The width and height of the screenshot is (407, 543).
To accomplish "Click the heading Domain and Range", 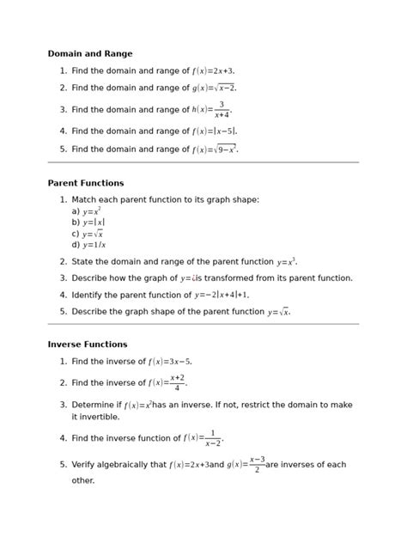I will pyautogui.click(x=90, y=53).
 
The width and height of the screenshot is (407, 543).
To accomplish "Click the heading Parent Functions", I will pyautogui.click(x=86, y=183).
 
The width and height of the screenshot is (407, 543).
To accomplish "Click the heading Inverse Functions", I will pyautogui.click(x=88, y=345).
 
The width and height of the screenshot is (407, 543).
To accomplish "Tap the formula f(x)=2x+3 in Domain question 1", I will pyautogui.click(x=213, y=71).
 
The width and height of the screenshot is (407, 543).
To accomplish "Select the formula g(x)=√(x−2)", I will pyautogui.click(x=214, y=88).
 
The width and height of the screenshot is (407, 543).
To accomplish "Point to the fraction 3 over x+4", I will pyautogui.click(x=222, y=110).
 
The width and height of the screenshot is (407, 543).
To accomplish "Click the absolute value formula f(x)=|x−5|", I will pyautogui.click(x=214, y=131).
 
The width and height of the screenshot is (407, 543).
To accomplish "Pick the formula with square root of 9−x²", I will pyautogui.click(x=215, y=149).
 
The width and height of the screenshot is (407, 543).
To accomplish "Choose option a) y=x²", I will pyautogui.click(x=87, y=210).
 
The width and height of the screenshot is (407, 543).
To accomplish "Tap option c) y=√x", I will pyautogui.click(x=88, y=233).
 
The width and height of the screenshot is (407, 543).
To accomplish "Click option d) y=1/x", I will pyautogui.click(x=88, y=244).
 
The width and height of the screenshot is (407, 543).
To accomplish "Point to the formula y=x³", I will pyautogui.click(x=286, y=262).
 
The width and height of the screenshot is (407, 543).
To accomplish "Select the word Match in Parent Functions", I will pyautogui.click(x=87, y=199).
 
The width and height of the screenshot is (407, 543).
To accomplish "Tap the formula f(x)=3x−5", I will pyautogui.click(x=169, y=362).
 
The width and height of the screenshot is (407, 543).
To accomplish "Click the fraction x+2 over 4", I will pyautogui.click(x=177, y=383).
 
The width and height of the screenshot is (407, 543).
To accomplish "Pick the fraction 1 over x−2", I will pyautogui.click(x=213, y=438).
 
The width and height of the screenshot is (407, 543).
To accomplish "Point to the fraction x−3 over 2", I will pyautogui.click(x=257, y=465).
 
